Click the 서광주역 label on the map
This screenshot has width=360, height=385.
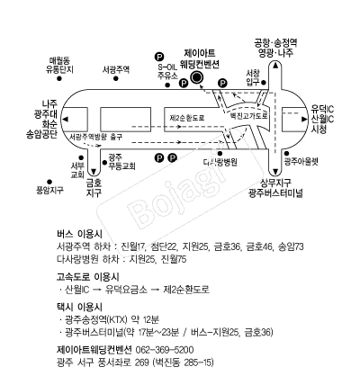[116, 70]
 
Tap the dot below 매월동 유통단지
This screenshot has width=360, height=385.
[59, 78]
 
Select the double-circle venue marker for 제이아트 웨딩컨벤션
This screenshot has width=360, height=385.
[197, 78]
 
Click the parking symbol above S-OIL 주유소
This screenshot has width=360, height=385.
[159, 56]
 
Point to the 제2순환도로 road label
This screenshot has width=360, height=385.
[187, 118]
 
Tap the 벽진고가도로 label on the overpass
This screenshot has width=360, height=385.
[248, 115]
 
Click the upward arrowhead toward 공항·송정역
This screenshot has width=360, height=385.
[275, 66]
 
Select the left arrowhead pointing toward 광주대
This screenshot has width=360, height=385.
[66, 119]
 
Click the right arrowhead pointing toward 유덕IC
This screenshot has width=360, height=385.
[304, 119]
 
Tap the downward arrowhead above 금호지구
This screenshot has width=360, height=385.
[94, 172]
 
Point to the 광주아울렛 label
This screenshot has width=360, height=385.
[301, 162]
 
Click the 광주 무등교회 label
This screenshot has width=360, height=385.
[121, 162]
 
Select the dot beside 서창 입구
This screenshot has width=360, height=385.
[264, 83]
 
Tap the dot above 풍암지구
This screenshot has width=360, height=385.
[49, 182]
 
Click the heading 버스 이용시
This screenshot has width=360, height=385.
[79, 234]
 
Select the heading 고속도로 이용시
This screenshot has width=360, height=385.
[87, 277]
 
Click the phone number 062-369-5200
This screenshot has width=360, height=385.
[165, 350]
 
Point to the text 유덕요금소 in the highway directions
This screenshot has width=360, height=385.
[126, 290]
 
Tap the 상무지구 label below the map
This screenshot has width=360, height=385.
[275, 183]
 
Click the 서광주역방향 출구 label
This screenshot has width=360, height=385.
[95, 137]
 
